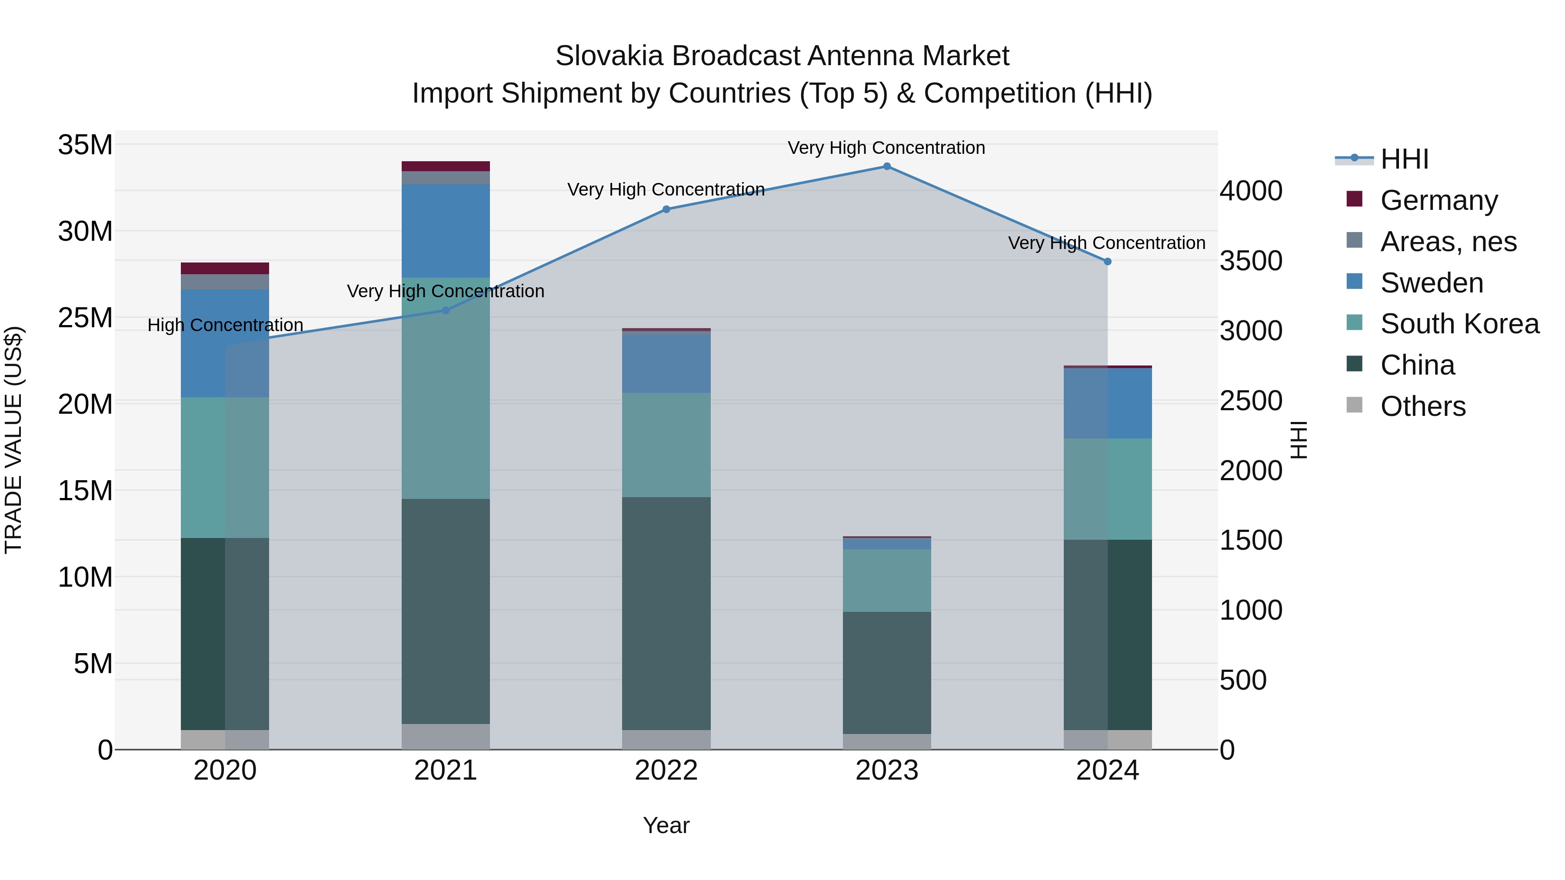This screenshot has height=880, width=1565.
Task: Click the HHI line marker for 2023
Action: pos(886,166)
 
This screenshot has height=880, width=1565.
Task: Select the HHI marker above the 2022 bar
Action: pos(666,209)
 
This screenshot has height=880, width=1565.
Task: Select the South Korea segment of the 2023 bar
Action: pos(886,580)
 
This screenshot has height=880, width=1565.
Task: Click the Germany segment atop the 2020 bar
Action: pos(225,269)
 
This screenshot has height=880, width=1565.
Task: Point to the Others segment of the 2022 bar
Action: pos(666,740)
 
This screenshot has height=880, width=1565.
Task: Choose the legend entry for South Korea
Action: pos(1459,324)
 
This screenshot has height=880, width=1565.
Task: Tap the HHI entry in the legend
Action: pos(1404,159)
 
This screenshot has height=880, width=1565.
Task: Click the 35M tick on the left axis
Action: pos(85,145)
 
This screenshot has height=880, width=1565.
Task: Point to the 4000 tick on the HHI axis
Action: pos(1251,191)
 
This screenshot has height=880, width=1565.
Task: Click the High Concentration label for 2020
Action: pos(225,325)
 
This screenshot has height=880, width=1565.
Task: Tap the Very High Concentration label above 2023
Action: pos(886,148)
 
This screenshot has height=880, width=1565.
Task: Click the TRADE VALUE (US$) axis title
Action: pos(13,440)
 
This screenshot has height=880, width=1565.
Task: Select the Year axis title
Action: pos(666,825)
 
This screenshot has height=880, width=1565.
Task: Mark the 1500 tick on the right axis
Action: pos(1251,541)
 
